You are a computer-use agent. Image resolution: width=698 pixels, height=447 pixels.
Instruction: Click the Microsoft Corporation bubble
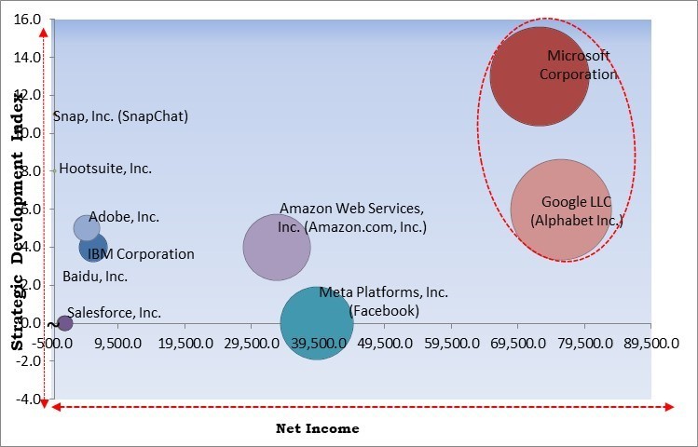click(539, 76)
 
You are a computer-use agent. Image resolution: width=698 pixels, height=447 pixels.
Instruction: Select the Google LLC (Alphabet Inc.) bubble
click(561, 210)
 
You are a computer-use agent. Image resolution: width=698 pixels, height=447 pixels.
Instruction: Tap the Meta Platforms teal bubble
click(317, 322)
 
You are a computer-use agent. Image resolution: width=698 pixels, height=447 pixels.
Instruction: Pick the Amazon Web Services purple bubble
click(277, 247)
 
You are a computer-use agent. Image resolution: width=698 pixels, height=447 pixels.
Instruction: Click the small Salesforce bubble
click(64, 323)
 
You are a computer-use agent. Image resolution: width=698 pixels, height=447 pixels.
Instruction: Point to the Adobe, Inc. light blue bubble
click(86, 228)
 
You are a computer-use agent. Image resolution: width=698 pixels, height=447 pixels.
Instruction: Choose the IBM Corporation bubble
click(93, 249)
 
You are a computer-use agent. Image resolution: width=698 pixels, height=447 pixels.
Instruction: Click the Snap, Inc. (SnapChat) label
click(120, 116)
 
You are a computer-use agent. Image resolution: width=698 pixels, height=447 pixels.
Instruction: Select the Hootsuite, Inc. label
click(105, 169)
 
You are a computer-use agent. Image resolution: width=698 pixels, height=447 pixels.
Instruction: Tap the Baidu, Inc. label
click(95, 276)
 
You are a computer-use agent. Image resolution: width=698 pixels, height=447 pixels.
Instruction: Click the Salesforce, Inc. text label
click(114, 313)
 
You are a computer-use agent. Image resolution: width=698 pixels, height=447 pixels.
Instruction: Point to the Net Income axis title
click(317, 428)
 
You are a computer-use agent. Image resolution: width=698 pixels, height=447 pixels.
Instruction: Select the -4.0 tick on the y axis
click(28, 400)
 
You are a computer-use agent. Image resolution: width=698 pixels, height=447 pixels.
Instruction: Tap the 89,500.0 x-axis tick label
click(650, 343)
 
